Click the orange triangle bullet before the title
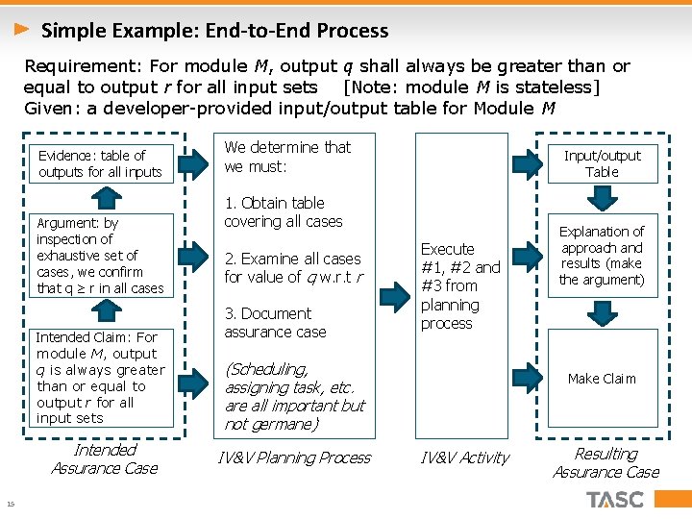[22, 30]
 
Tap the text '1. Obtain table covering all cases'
[283, 212]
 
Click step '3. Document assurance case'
[275, 323]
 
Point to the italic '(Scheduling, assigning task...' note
[294, 396]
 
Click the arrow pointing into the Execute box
[394, 292]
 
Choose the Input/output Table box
[602, 163]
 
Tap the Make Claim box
[602, 379]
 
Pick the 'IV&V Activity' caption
[465, 458]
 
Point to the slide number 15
[10, 506]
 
